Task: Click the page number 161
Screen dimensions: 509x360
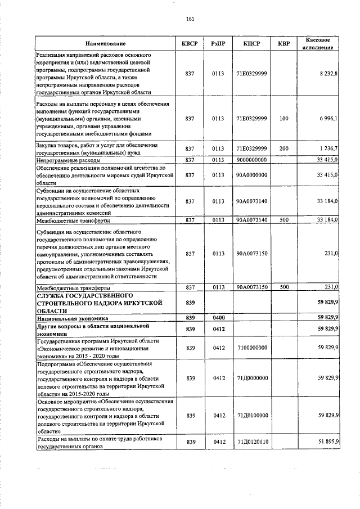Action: [x=190, y=19]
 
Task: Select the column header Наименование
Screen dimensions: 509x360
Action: [x=106, y=43]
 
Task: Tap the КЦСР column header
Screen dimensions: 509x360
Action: [x=251, y=43]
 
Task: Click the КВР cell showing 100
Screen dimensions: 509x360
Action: [x=283, y=119]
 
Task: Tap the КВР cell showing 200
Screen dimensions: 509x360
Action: [x=283, y=148]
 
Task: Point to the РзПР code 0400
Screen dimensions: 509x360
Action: [x=218, y=318]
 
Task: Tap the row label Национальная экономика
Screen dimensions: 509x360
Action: [x=71, y=318]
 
